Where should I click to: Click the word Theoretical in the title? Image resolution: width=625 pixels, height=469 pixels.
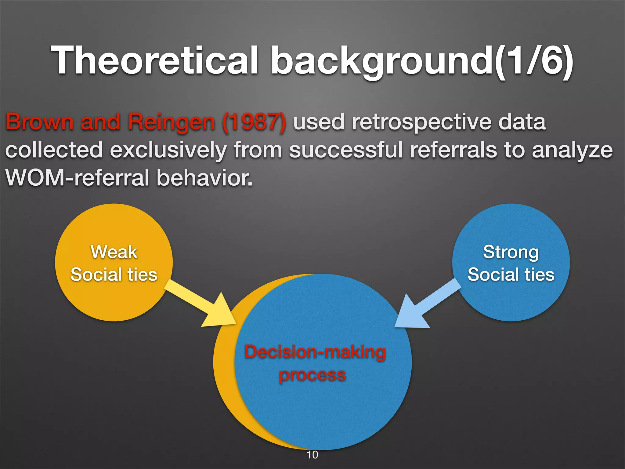(154, 60)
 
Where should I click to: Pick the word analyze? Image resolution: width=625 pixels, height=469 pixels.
(572, 151)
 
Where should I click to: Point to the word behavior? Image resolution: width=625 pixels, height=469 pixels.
(204, 178)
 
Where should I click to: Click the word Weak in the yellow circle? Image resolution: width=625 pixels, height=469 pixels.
(114, 252)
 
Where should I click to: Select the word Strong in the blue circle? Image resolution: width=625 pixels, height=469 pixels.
(511, 252)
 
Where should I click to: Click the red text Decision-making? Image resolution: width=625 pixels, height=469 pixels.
(315, 352)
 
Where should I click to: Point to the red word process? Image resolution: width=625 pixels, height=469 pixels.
(312, 375)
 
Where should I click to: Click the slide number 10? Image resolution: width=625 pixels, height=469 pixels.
(312, 455)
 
